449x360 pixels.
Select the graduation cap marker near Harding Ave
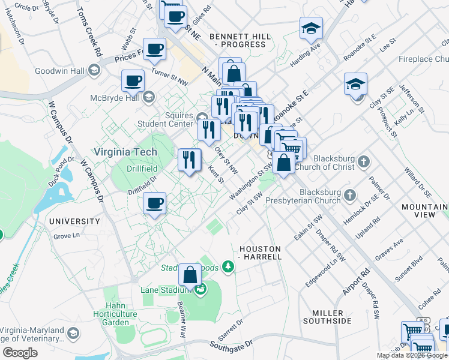311,28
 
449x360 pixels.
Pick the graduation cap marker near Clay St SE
355,84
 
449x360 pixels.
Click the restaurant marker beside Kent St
189,160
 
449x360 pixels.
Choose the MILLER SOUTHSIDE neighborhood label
331,317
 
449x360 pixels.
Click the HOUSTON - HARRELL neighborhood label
260,253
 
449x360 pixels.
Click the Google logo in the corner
20,353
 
